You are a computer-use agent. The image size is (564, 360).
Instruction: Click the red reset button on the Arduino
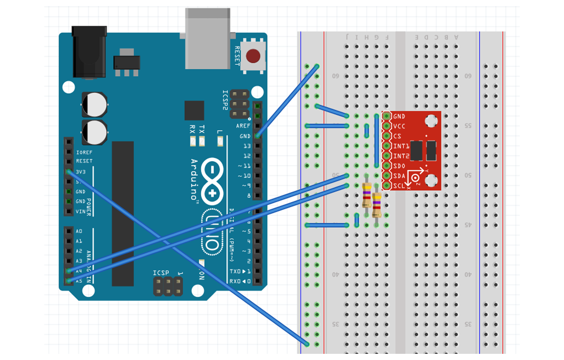pos(253,55)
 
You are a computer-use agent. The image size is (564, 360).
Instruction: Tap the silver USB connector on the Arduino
pos(207,38)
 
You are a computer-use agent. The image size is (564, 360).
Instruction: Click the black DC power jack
pos(89,51)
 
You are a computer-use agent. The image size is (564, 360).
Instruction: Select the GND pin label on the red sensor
pos(399,117)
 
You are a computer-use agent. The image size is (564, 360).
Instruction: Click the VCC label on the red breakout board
pos(399,127)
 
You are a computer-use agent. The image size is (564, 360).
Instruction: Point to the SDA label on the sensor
pos(399,176)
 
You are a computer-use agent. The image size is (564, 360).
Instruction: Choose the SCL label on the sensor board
pos(399,186)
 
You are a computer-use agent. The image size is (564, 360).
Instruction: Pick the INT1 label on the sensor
pos(401,146)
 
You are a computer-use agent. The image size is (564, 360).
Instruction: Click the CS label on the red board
pos(397,136)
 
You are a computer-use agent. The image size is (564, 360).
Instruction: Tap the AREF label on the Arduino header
pos(243,126)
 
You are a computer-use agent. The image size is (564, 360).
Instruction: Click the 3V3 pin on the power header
pos(69,171)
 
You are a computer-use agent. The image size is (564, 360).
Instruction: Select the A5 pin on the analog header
pos(69,281)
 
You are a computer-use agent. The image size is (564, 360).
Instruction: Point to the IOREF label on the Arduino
pos(84,152)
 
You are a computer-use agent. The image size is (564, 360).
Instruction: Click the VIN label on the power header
pos(81,211)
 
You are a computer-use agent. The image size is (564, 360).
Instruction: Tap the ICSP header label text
pos(161,273)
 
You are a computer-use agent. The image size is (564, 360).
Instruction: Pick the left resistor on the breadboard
pos(367,195)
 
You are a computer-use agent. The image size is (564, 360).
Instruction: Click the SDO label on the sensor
pos(399,166)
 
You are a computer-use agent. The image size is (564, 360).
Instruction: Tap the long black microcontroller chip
pos(122,213)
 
